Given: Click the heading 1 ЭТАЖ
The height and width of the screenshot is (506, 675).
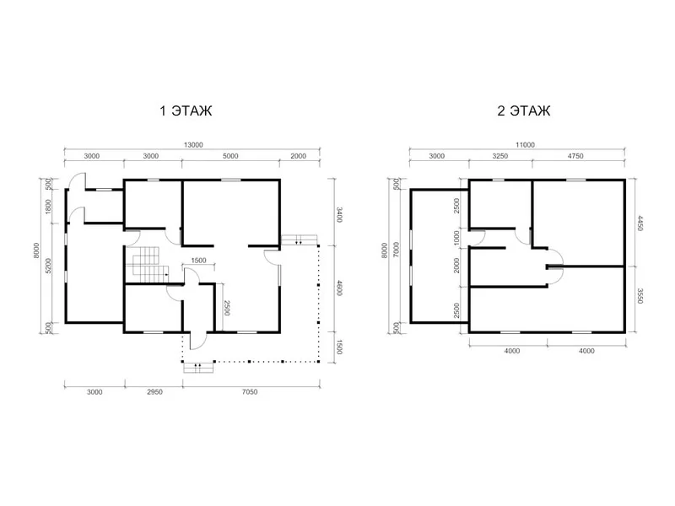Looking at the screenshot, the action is (x=186, y=110).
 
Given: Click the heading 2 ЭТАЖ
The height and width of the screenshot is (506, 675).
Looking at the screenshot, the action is (x=523, y=110).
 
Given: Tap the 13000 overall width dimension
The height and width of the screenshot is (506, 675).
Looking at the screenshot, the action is (x=193, y=145).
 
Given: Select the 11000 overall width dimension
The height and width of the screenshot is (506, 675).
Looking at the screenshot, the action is (x=525, y=145).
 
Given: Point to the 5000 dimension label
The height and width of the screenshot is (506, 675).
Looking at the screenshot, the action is (x=230, y=156).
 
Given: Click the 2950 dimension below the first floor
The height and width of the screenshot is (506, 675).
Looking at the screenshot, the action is (x=154, y=392).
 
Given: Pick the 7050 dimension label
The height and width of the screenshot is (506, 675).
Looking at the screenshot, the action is (x=250, y=392).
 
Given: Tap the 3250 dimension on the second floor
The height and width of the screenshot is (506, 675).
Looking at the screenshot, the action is (x=500, y=156).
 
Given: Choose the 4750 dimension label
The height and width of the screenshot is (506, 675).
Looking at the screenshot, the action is (x=575, y=156).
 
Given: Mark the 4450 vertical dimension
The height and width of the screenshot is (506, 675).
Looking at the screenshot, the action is (x=640, y=223).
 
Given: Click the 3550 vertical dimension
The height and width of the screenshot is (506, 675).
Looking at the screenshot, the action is (x=640, y=296).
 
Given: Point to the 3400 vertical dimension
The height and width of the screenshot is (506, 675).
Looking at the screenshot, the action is (x=339, y=214).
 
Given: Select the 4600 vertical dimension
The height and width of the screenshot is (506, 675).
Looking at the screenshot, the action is (x=339, y=288).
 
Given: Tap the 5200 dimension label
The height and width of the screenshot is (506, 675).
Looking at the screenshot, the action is (x=48, y=266).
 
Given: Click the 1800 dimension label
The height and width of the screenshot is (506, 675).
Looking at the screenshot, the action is (x=48, y=207).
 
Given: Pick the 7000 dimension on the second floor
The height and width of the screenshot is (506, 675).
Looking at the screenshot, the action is (x=396, y=250).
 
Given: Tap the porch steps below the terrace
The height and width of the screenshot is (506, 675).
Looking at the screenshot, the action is (x=198, y=368).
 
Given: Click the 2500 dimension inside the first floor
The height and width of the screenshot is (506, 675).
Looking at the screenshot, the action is (x=226, y=308).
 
